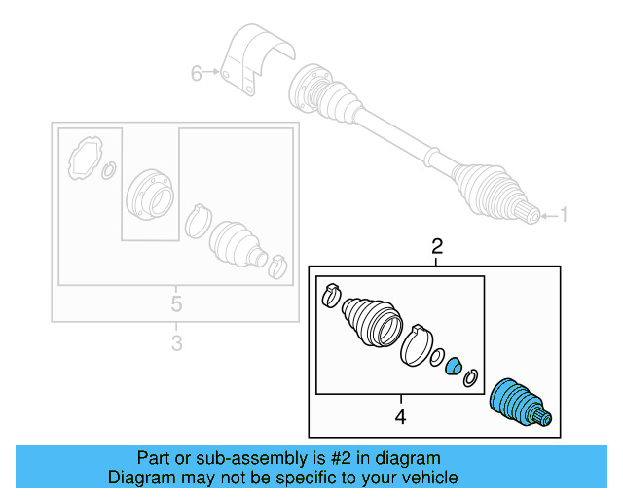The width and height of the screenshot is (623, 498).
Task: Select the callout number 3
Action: pyautogui.click(x=175, y=342)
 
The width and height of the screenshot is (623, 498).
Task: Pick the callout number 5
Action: pyautogui.click(x=175, y=303)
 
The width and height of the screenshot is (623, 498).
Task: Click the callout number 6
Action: pyautogui.click(x=196, y=73)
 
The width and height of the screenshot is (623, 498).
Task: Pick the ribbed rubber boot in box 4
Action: pyautogui.click(x=370, y=319)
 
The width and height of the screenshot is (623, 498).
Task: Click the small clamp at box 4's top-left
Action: pyautogui.click(x=329, y=293)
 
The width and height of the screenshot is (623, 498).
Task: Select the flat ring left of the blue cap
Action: pyautogui.click(x=437, y=357)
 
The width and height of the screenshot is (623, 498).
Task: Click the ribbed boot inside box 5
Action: pyautogui.click(x=238, y=242)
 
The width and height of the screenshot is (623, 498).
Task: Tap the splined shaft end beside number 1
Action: pyautogui.click(x=530, y=215)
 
